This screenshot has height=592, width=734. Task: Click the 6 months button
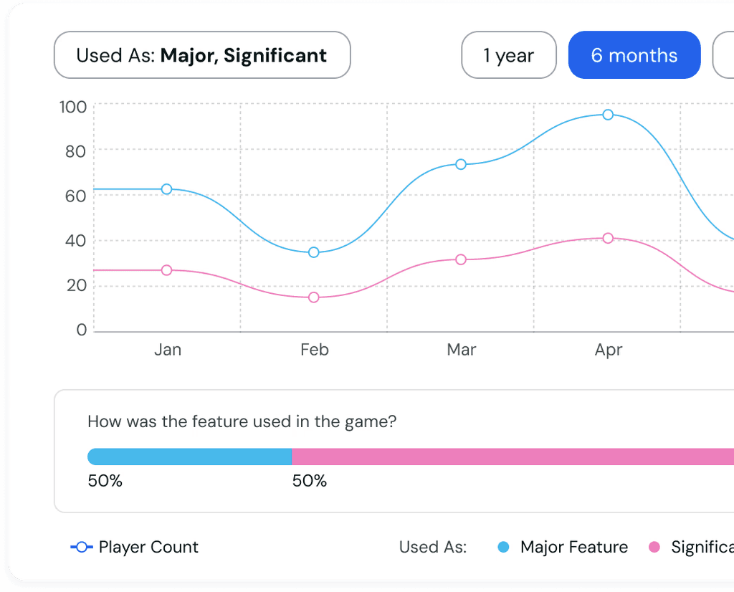click(x=634, y=55)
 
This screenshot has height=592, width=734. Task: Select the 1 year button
click(x=509, y=55)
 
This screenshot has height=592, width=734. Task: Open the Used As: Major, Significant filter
click(x=202, y=55)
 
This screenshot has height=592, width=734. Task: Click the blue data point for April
click(x=608, y=115)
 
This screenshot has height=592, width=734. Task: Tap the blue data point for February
click(x=314, y=252)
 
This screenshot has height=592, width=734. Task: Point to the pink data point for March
click(x=461, y=259)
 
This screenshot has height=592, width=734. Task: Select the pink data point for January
click(x=166, y=270)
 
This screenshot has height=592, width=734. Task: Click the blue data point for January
click(x=166, y=189)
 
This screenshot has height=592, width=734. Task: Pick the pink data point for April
click(x=608, y=238)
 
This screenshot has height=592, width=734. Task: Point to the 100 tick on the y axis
click(x=73, y=108)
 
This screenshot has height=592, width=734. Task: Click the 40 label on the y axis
click(x=75, y=241)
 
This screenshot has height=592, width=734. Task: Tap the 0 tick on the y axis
click(x=82, y=330)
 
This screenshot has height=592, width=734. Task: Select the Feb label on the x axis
click(x=315, y=350)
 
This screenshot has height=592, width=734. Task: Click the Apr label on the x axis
click(x=609, y=350)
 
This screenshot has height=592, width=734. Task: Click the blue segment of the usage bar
click(x=189, y=457)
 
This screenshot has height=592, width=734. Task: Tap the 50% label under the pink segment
click(x=310, y=481)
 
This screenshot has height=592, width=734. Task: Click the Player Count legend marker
click(x=82, y=547)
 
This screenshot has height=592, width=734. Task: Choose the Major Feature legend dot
click(x=503, y=547)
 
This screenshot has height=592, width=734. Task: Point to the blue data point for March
click(x=461, y=164)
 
